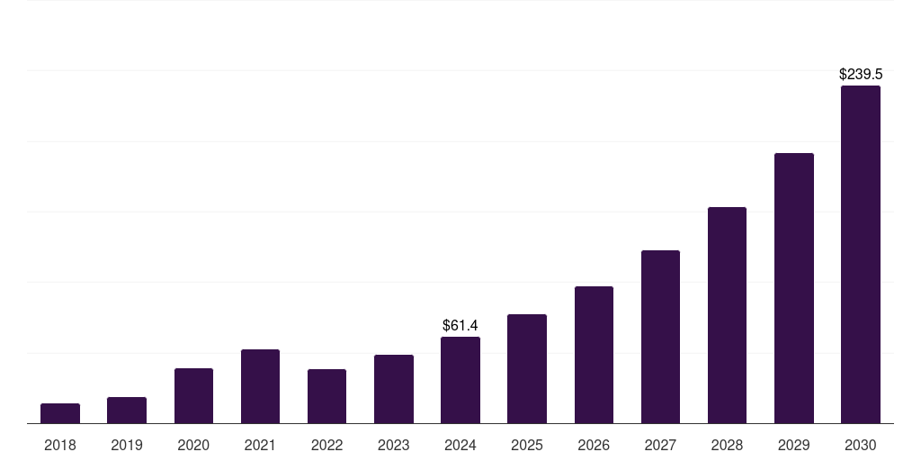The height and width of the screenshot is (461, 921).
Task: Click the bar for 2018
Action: coord(60,413)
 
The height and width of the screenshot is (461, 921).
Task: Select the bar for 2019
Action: coord(127,411)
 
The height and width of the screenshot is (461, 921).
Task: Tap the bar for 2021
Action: coord(260,386)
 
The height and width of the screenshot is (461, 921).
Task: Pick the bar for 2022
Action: coord(326,396)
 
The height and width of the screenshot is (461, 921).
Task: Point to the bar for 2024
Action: coord(460,380)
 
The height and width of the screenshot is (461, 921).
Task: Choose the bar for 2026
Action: coord(594,355)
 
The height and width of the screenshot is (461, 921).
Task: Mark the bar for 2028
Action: coord(727,315)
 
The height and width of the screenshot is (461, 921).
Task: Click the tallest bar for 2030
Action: coord(861,255)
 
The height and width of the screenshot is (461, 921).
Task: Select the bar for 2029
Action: coord(794,288)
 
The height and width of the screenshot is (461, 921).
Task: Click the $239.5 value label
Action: coord(861,75)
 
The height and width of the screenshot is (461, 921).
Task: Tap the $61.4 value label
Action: coord(460,325)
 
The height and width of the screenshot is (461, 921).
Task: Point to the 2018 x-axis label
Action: coord(60,445)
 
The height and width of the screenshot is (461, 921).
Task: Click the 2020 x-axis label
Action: coord(193,445)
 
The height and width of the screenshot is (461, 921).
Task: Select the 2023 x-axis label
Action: coord(394,445)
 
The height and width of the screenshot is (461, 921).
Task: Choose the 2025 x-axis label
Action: coord(527,445)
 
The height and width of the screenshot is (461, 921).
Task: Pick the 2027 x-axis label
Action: coord(660,445)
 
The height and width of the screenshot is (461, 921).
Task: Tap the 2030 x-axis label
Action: coord(861,445)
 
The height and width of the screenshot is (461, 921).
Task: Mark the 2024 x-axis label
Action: coord(460,445)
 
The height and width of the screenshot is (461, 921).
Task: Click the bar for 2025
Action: coord(527,369)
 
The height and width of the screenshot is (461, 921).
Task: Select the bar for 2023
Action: coord(394,389)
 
